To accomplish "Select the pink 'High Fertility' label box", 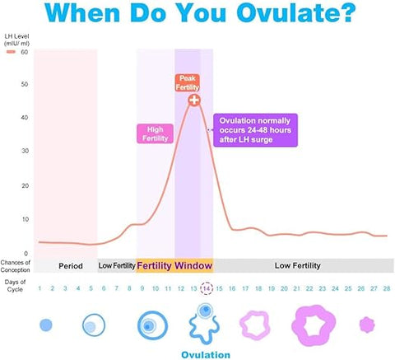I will point(155,133).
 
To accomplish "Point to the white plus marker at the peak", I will point(194,100).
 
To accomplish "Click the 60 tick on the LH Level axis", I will point(25,51).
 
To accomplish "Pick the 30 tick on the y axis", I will point(25,152).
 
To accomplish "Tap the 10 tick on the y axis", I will point(25,219).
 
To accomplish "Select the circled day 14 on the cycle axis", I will point(207,288).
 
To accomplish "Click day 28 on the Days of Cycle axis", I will point(385,288).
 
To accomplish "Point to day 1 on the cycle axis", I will point(39,288).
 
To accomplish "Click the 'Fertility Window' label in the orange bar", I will point(174,265).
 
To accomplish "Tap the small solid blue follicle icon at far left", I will point(46,325).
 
